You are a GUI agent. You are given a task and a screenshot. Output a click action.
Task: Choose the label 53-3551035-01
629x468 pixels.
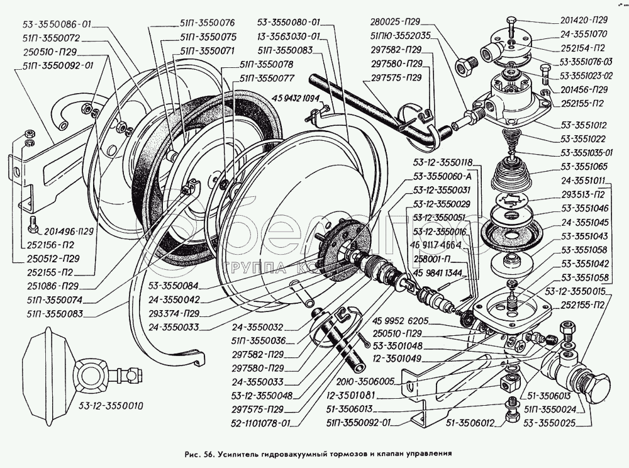(589, 153)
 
